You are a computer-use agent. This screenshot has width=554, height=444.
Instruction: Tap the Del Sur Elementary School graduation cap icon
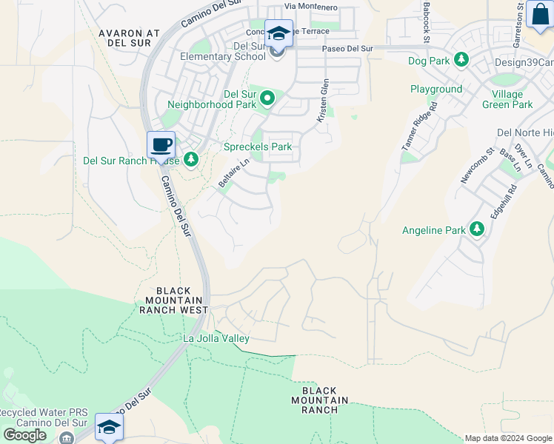pyautogui.click(x=278, y=33)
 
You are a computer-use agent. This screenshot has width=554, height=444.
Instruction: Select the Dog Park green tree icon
pyautogui.click(x=461, y=58)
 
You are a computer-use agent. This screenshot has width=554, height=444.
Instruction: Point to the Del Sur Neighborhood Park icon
pyautogui.click(x=267, y=98)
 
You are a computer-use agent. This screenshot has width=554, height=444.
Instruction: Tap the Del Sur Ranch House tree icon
pyautogui.click(x=191, y=160)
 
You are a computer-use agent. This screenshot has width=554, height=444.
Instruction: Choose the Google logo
pyautogui.click(x=24, y=435)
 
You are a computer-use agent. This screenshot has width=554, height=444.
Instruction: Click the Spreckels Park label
pyautogui.click(x=258, y=147)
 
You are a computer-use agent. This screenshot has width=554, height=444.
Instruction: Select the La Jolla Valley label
pyautogui.click(x=216, y=338)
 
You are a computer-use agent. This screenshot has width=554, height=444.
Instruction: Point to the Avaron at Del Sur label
pyautogui.click(x=129, y=38)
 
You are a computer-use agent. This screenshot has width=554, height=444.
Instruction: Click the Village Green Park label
pyautogui.click(x=512, y=99)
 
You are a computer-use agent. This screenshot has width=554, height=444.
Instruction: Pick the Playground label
pyautogui.click(x=436, y=89)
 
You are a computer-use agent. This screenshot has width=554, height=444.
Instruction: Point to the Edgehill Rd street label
pyautogui.click(x=502, y=200)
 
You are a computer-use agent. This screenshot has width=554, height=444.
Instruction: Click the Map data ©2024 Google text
pyautogui.click(x=509, y=438)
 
